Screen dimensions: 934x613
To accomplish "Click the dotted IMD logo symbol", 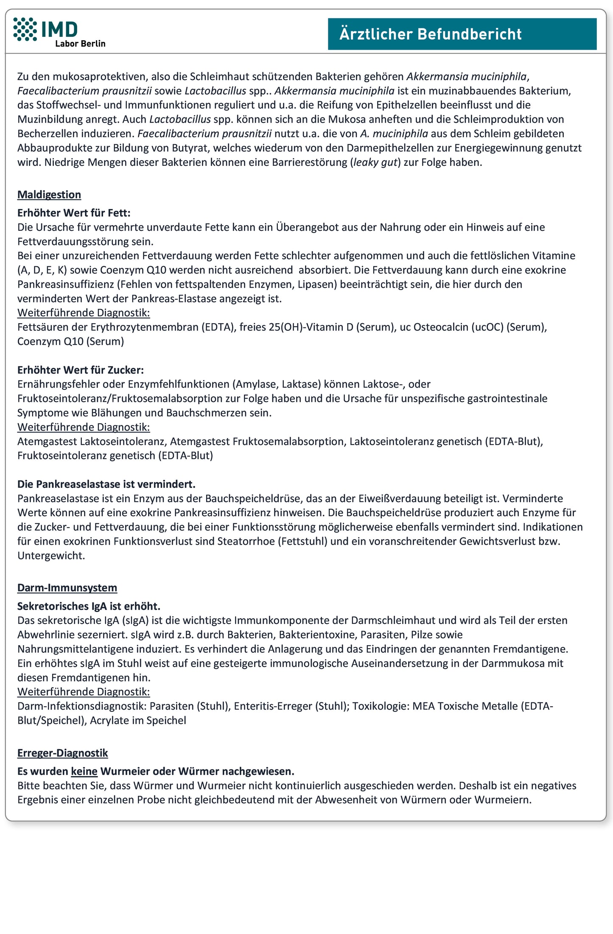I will [x=25, y=29].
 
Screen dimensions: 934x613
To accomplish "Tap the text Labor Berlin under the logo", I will [x=80, y=44].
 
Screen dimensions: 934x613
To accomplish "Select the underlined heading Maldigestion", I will [x=49, y=195].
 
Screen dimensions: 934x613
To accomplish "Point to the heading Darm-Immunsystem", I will [x=67, y=588].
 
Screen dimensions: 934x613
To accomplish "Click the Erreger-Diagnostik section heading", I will [x=62, y=753].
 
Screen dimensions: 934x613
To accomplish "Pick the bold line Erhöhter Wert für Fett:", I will [x=74, y=213].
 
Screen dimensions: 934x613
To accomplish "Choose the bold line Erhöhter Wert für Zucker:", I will [x=81, y=370].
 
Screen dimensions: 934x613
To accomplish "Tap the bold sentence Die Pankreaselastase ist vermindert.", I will [x=106, y=484].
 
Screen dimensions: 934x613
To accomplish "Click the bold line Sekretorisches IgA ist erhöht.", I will [x=89, y=606].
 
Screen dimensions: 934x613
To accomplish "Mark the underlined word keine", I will [x=84, y=771].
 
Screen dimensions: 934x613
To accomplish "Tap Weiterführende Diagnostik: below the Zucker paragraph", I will [x=84, y=427].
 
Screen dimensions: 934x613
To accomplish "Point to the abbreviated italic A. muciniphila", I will [x=394, y=134].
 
